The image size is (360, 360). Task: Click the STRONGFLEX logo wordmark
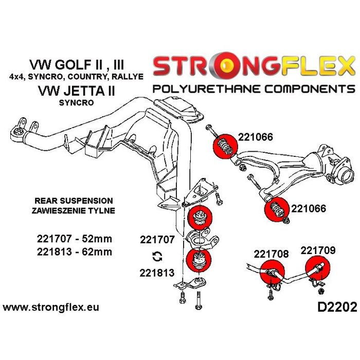pos(254,67)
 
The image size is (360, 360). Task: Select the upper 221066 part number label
pos(256,137)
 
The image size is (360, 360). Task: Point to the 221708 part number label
pos(271,254)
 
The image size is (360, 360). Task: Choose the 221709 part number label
pos(318,250)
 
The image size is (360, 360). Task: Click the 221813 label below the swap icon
pos(157,273)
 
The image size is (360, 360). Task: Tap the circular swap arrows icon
pos(157,256)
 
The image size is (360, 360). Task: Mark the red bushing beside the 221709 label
pos(317,271)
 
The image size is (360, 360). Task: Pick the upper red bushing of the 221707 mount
pos(199,218)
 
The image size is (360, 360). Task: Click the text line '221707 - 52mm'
pos(74,239)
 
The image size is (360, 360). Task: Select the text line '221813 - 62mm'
pos(74,252)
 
